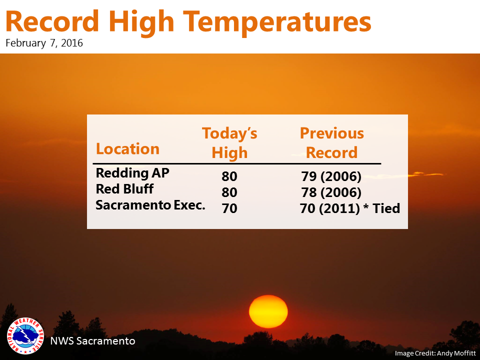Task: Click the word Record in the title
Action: point(52,21)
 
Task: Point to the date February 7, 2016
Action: point(44,43)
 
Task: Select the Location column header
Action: point(127,149)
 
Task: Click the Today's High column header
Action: point(229,143)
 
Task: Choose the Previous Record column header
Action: point(332,143)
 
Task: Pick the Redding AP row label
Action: point(132,173)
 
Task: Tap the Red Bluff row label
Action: point(124,189)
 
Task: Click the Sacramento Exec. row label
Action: point(150,205)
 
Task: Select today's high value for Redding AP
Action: point(229,176)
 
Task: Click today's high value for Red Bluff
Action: point(229,192)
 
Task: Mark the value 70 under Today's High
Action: point(229,208)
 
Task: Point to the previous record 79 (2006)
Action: point(331,176)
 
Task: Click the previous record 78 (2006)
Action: point(331,192)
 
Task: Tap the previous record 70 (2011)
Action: point(330,208)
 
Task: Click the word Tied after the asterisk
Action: point(386,208)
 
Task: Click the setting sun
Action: point(268,311)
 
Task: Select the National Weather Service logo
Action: point(25,336)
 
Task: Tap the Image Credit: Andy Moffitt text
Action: point(435,353)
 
